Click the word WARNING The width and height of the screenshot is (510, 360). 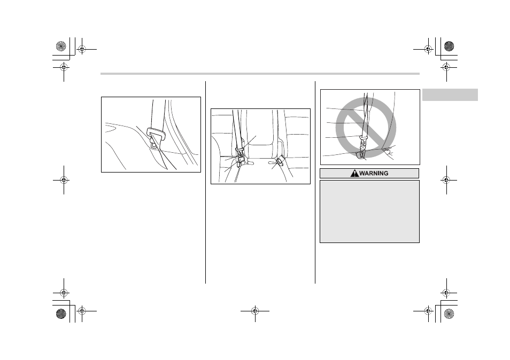pos(374,174)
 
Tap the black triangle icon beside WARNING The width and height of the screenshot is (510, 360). pos(354,174)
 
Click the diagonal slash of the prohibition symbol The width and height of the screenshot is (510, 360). pos(366,127)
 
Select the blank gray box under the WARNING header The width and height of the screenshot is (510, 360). pos(369,212)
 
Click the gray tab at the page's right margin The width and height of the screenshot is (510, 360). pos(450,95)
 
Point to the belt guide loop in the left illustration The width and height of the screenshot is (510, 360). pos(156,134)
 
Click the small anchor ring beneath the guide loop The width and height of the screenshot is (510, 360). pos(153,145)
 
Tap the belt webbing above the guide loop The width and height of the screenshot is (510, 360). pos(158,114)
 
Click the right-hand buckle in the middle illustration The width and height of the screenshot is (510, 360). pos(280,161)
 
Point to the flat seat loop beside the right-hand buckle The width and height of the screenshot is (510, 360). pos(272,162)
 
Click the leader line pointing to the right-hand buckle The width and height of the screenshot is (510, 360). pos(276,165)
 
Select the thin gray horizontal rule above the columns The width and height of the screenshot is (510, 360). pos(260,74)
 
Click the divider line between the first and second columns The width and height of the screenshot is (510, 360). pos(206,182)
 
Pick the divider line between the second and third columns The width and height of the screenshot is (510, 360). pos(315,182)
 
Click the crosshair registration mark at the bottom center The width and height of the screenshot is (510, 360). pos(255,311)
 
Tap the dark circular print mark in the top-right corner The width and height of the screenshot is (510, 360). pos(449,46)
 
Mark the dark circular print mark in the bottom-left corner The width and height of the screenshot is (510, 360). pos(61,314)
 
